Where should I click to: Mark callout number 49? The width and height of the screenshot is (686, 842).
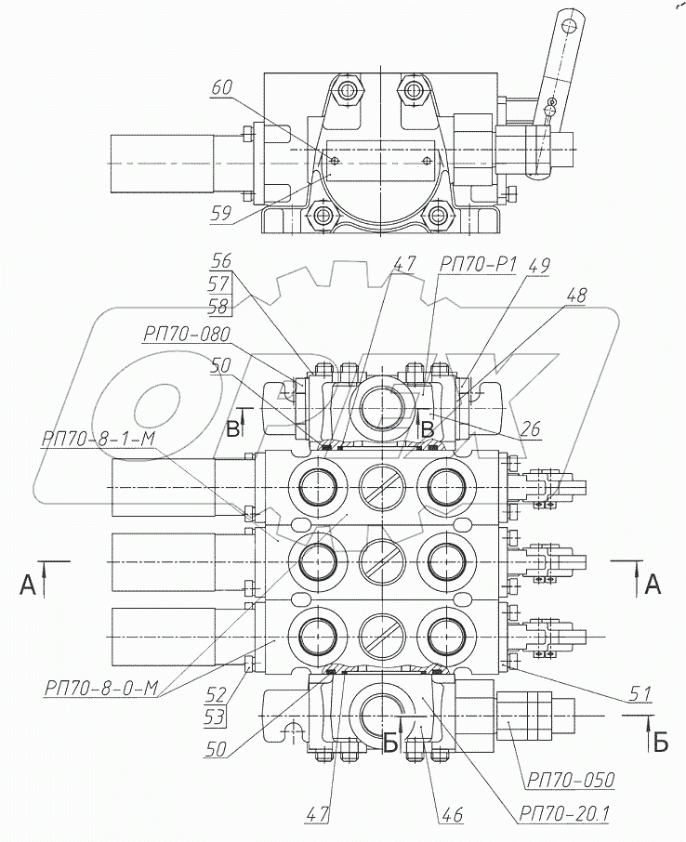pyautogui.click(x=538, y=265)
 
